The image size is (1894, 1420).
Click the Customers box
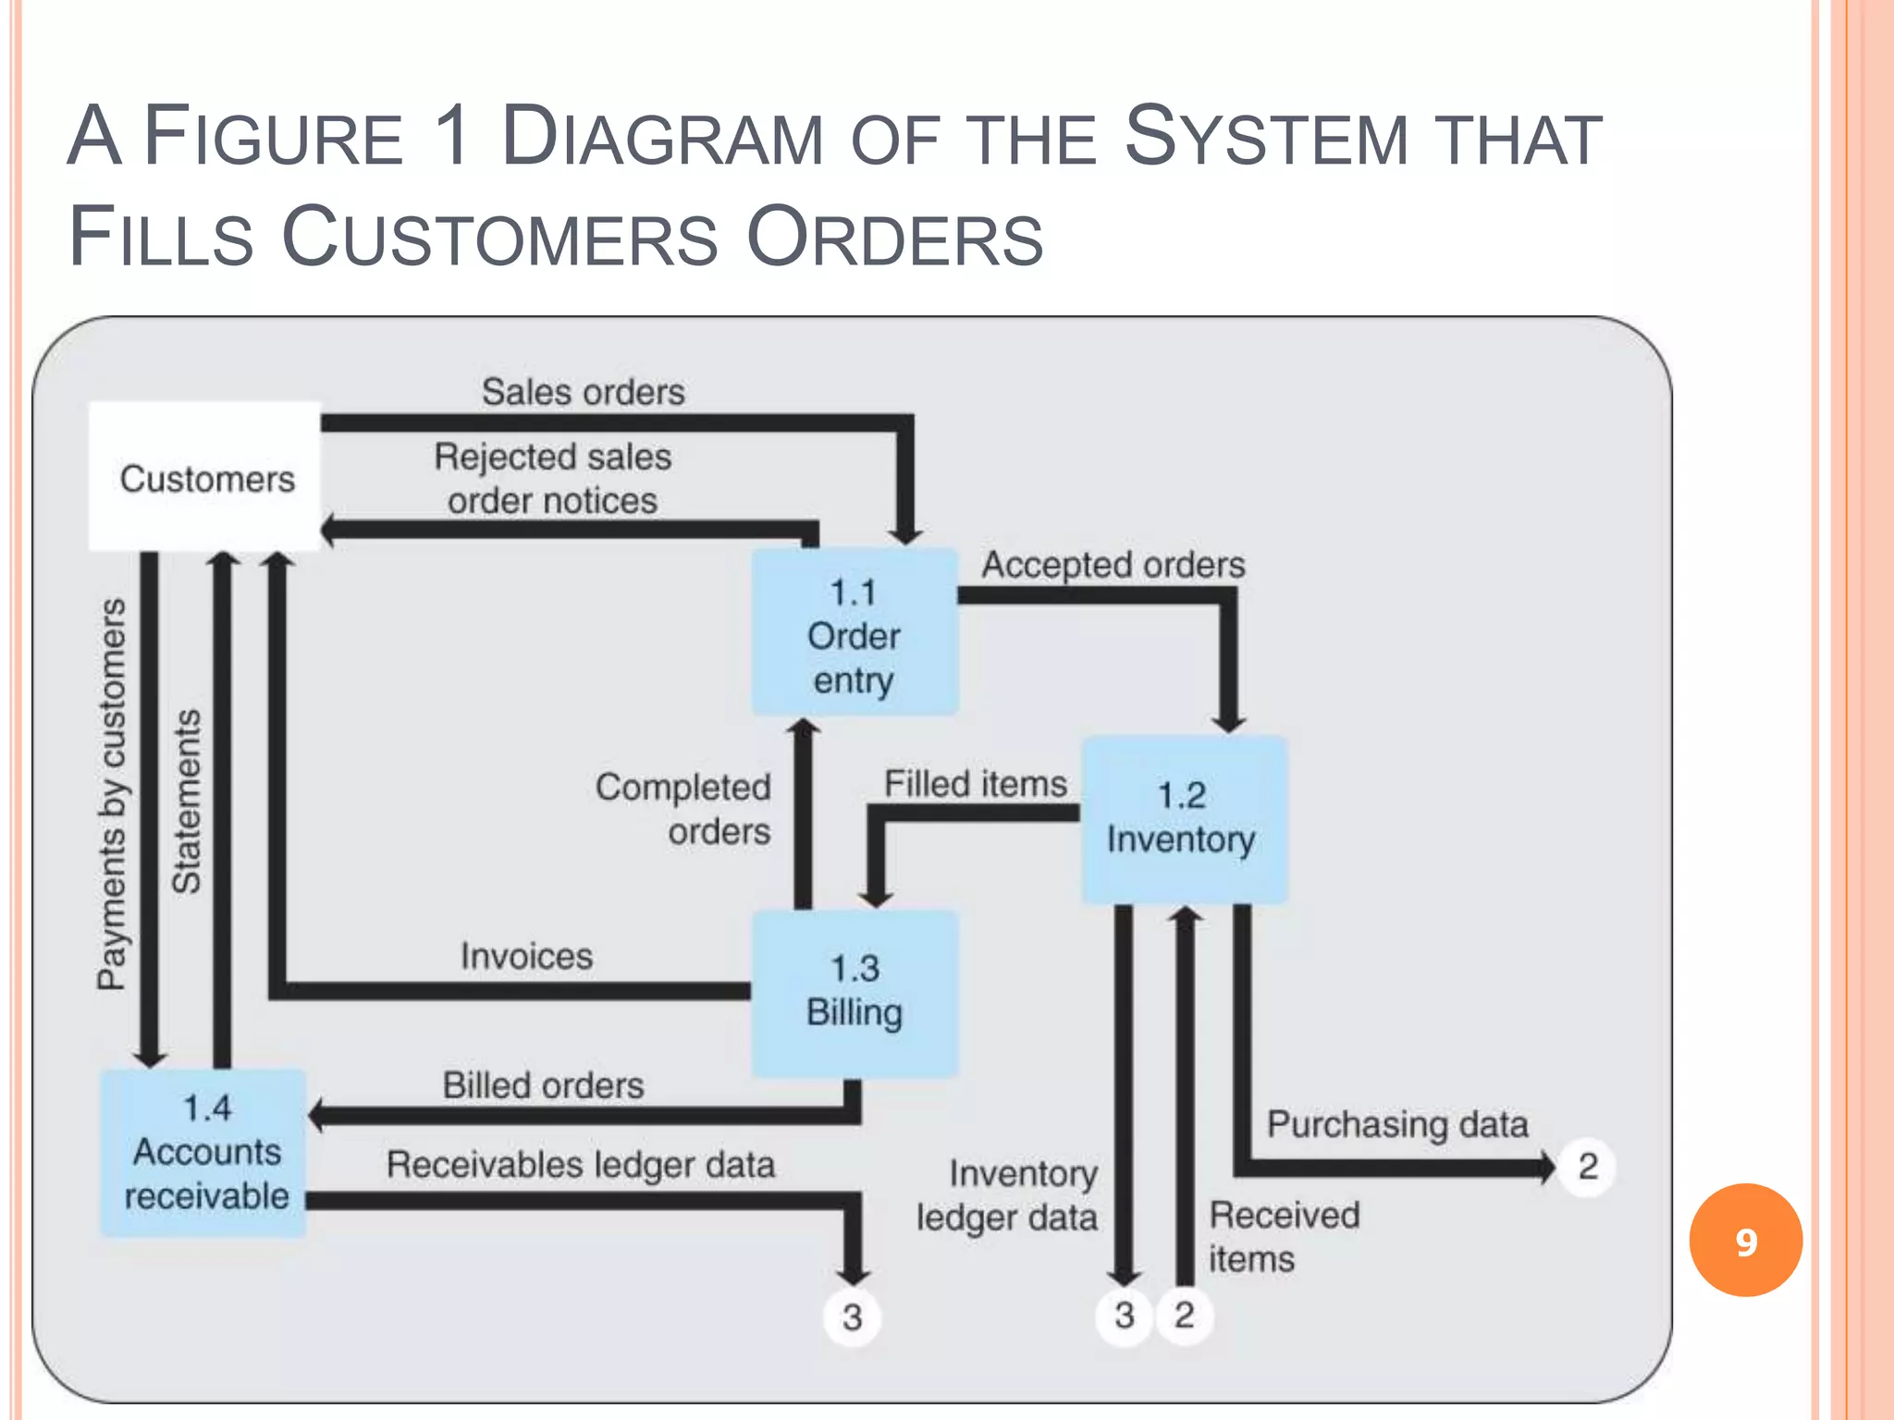204,477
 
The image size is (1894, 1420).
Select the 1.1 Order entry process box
854,633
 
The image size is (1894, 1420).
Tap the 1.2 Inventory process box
1183,819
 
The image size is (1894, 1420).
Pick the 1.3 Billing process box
854,992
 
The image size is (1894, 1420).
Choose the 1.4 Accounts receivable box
204,1153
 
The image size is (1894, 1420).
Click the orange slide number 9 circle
1745,1241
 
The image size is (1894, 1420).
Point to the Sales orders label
583,392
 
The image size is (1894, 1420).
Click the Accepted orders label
1113,565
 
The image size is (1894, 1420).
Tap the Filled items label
975,784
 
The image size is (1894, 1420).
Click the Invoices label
526,956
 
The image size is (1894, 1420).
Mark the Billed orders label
543,1085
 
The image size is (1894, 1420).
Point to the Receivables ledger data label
580,1165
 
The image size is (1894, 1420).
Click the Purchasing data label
1396,1125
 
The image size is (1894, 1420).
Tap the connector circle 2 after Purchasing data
1587,1167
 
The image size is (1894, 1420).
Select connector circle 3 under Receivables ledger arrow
852,1316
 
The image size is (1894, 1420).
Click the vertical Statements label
186,801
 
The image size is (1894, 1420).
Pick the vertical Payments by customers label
111,793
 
